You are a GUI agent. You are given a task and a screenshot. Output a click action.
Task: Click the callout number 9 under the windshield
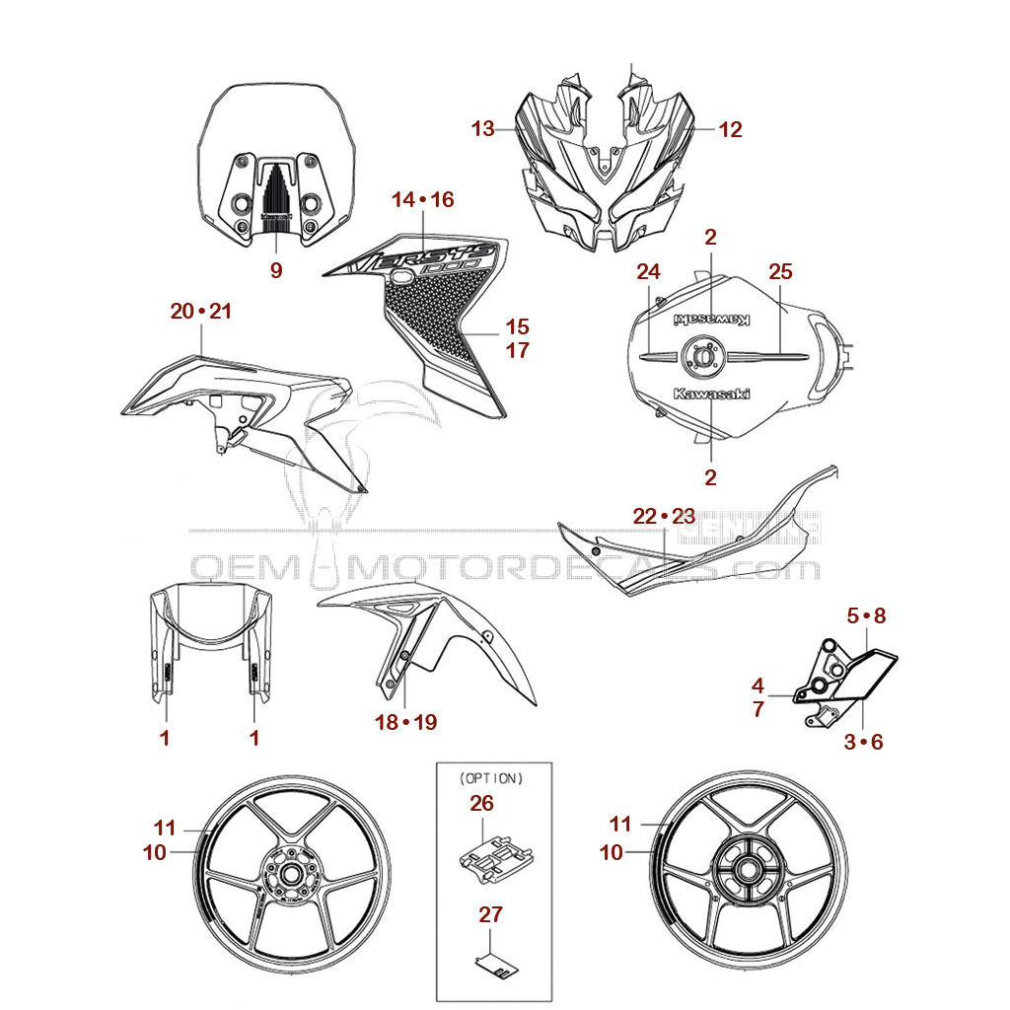pyautogui.click(x=276, y=269)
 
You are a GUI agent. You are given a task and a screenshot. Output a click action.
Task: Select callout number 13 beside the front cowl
pyautogui.click(x=482, y=128)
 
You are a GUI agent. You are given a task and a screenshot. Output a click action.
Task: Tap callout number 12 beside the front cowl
pyautogui.click(x=730, y=128)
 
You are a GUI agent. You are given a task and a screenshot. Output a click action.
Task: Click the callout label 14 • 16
pyautogui.click(x=422, y=199)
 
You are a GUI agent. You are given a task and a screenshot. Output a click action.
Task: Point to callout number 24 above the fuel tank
pyautogui.click(x=647, y=271)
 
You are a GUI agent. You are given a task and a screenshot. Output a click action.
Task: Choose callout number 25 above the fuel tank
pyautogui.click(x=780, y=271)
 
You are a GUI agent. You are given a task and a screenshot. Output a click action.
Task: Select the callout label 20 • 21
pyautogui.click(x=200, y=311)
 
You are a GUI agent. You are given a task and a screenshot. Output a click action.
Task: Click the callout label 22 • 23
pyautogui.click(x=664, y=516)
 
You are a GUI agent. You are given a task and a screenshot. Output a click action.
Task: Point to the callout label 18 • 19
pyautogui.click(x=405, y=722)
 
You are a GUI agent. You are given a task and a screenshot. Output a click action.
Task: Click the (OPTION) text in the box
pyautogui.click(x=491, y=777)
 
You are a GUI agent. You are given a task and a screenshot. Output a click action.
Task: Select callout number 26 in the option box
pyautogui.click(x=481, y=804)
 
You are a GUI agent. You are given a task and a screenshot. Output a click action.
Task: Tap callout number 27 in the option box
pyautogui.click(x=491, y=914)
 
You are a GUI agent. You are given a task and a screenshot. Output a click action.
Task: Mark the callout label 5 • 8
pyautogui.click(x=867, y=615)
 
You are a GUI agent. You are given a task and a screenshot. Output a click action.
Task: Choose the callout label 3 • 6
pyautogui.click(x=863, y=742)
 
